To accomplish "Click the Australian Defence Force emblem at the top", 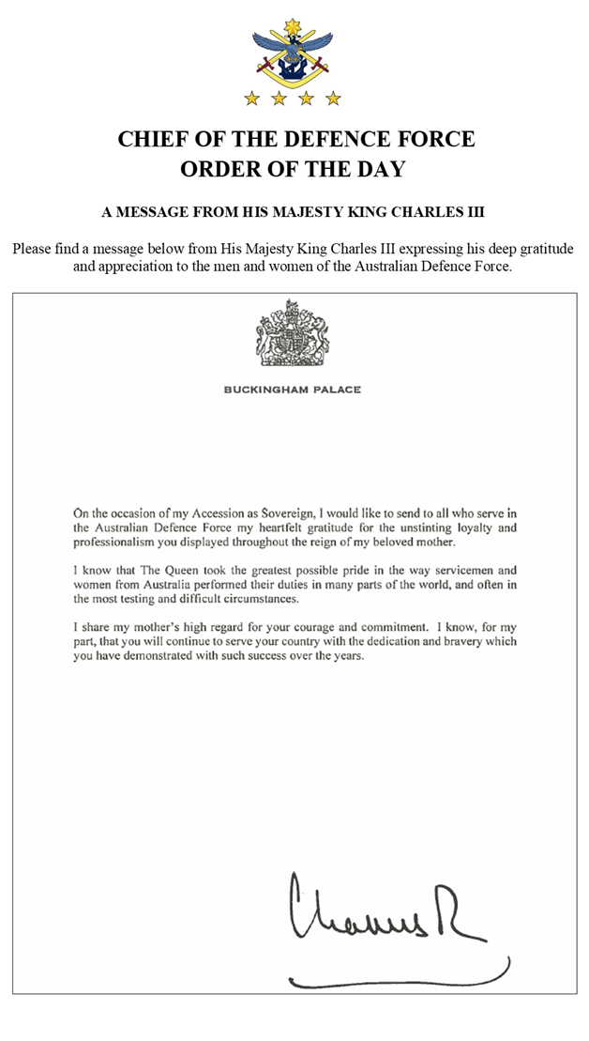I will click(292, 52).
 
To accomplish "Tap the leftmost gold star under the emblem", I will click(251, 97).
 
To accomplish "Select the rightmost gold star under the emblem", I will click(333, 97).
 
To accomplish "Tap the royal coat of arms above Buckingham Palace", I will click(292, 333).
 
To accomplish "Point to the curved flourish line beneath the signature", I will click(403, 978).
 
